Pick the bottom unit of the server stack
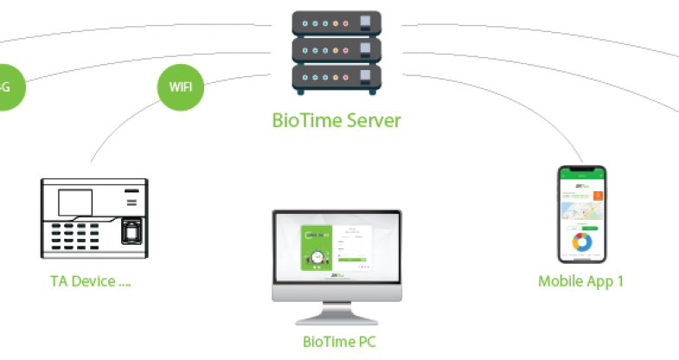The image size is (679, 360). click(336, 80)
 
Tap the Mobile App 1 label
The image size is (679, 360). click(580, 281)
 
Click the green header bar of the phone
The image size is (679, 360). click(580, 174)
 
